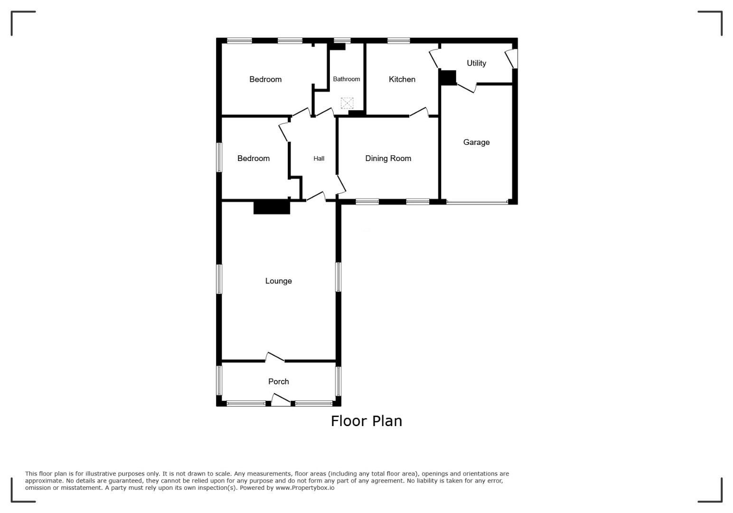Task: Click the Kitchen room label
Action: [x=402, y=79]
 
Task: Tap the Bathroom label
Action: [x=346, y=79]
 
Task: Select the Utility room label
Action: [x=476, y=63]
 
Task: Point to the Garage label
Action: [x=476, y=142]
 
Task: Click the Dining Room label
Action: [x=388, y=159]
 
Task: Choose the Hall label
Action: [x=319, y=159]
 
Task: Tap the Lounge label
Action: [x=279, y=281]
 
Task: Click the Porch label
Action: [x=279, y=381]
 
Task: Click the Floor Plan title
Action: [x=366, y=421]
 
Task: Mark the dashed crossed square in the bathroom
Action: [x=347, y=103]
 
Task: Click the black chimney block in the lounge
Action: [x=272, y=207]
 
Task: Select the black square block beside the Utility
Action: [x=448, y=77]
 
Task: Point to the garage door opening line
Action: [x=477, y=202]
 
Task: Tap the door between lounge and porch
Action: [x=274, y=357]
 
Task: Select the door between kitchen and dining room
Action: [x=419, y=112]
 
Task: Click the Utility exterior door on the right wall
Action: [x=511, y=58]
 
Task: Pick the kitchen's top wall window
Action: [x=399, y=41]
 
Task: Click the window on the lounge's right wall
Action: [x=338, y=277]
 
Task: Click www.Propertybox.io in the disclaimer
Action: [x=305, y=488]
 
